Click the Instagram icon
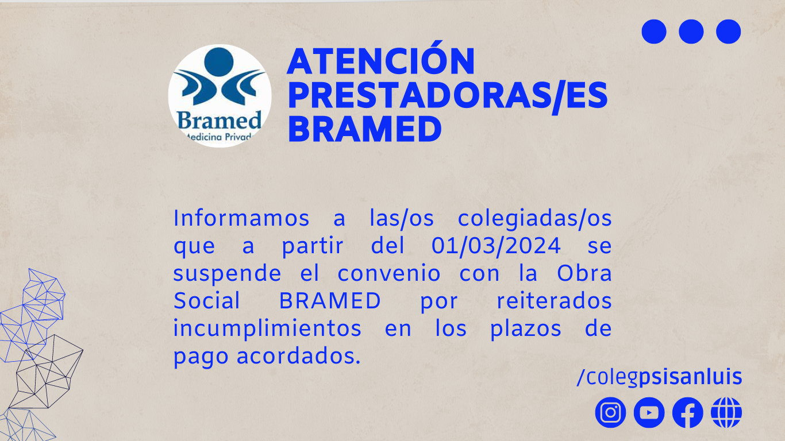point(610,412)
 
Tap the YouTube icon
point(649,412)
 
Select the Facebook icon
point(687,412)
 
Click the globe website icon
point(726,412)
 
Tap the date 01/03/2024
point(496,246)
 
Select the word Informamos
point(241,218)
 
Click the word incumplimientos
point(267,328)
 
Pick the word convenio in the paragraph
point(389,273)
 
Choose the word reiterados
point(555,300)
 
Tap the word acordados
point(299,356)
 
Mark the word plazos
point(526,329)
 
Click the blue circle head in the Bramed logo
point(219,62)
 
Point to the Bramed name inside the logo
point(220,120)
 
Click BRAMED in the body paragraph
point(330,300)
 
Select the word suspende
point(227,274)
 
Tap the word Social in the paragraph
point(207,300)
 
